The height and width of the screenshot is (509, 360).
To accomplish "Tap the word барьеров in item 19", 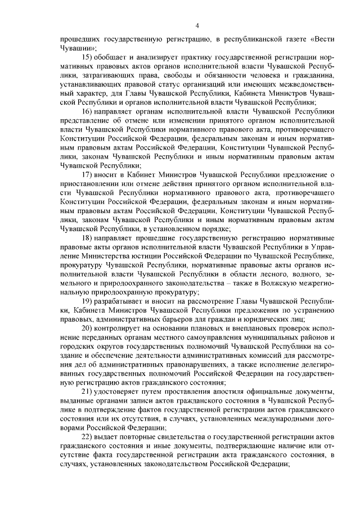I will point(179,319).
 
